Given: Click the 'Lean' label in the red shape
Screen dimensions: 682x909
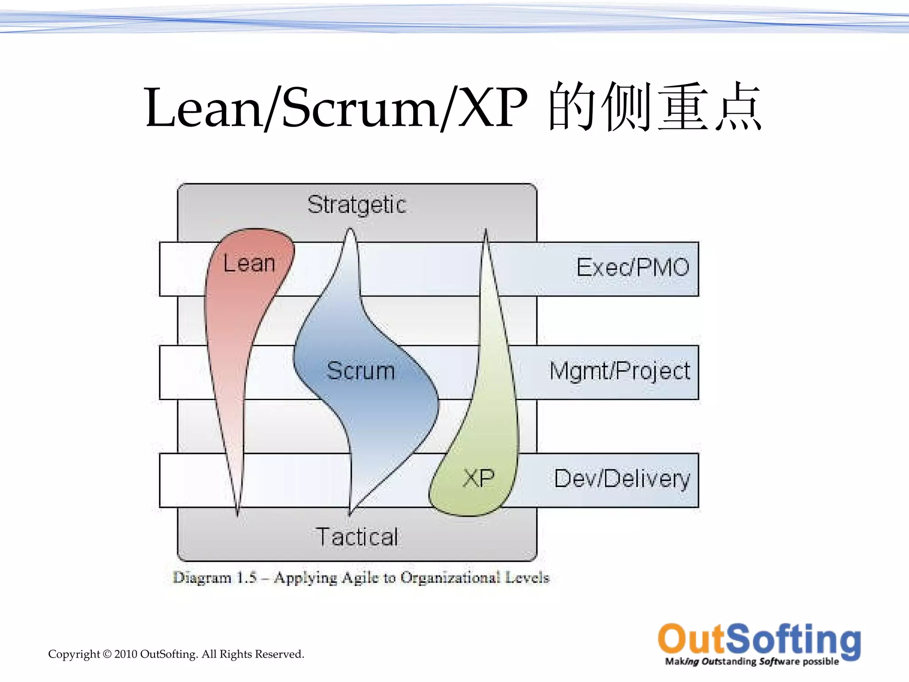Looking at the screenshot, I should point(249,263).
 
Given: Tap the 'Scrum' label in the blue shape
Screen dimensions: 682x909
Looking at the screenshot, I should point(360,371).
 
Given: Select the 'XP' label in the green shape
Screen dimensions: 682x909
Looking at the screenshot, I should point(478,478).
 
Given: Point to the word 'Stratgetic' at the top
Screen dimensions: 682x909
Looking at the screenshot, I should point(357,205).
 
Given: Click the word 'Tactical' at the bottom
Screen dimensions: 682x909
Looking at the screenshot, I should point(357,537).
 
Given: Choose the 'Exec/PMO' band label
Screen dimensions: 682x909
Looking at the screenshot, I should point(632,267).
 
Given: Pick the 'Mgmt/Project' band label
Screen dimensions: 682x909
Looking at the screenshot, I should point(620,371).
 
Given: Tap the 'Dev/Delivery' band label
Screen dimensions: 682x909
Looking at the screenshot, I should point(622,479).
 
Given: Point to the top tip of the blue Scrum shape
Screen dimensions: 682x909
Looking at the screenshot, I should point(351,230).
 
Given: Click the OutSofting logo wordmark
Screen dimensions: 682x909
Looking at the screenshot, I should point(759,639).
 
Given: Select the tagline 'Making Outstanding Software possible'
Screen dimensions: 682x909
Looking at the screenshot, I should point(751,662).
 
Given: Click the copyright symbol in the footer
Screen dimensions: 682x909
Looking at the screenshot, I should point(107,654).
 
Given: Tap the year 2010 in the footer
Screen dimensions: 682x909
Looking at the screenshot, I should point(126,654).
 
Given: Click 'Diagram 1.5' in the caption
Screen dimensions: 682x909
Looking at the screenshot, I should point(215,578).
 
